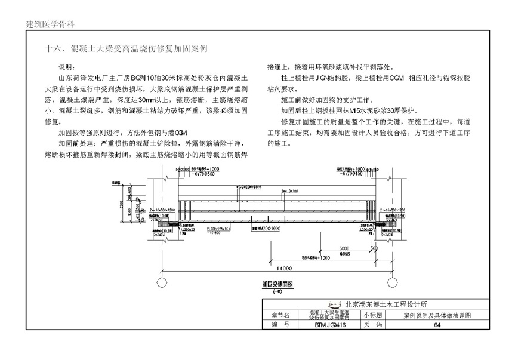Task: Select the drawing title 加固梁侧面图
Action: click(276, 285)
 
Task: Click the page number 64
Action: click(437, 325)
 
